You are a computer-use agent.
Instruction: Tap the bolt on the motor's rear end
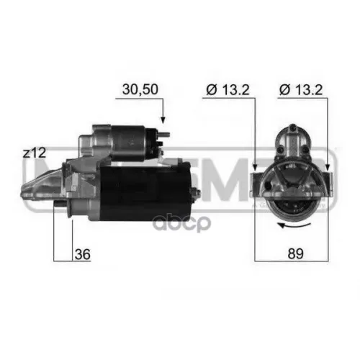(x=196, y=192)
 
